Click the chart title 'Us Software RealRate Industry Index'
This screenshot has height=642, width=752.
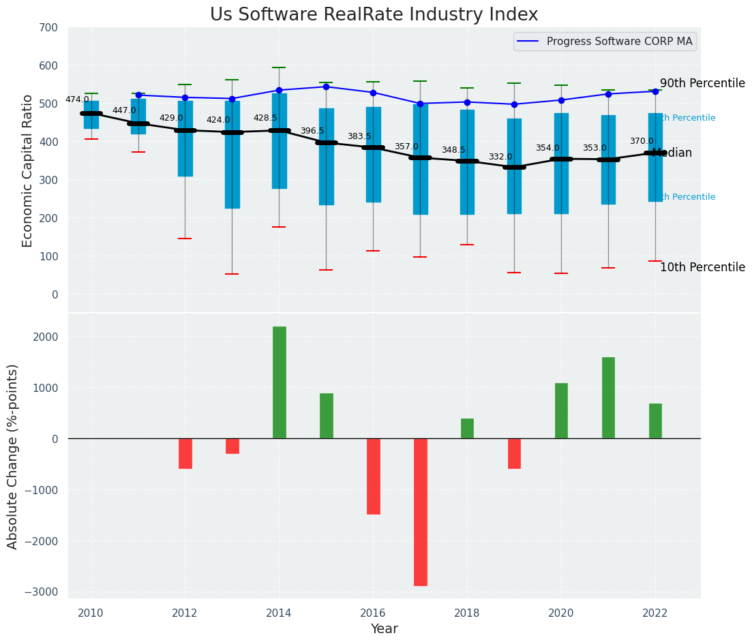374,15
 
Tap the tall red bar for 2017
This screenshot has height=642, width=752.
420,512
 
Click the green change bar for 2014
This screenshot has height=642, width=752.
279,382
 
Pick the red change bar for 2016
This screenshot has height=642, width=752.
373,476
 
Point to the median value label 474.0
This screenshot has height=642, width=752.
77,100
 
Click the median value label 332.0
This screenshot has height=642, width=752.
500,157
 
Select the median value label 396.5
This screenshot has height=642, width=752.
312,131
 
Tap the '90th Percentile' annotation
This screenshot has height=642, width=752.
702,83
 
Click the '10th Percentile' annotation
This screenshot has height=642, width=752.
702,267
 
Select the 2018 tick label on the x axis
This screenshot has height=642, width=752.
467,613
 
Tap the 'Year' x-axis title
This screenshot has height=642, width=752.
384,629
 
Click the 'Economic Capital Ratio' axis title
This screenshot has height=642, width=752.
28,170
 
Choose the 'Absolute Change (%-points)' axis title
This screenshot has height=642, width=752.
13,456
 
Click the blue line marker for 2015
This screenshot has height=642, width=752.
326,87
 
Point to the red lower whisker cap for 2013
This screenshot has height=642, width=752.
232,274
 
